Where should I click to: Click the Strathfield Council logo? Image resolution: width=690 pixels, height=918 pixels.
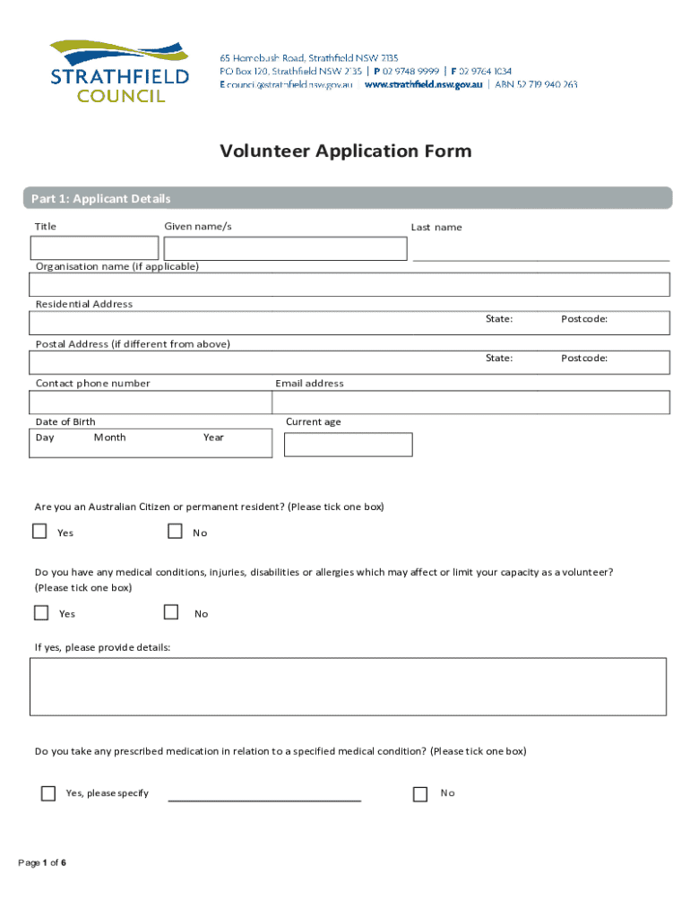coord(119,71)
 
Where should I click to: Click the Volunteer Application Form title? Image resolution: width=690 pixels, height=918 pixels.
coord(345,151)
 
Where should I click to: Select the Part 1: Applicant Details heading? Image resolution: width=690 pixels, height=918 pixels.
coord(100,198)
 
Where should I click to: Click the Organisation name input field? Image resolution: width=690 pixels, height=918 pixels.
coord(349,284)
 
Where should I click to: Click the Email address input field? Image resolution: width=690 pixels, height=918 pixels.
coord(470,403)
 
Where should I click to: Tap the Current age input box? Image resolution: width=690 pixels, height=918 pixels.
coord(348,445)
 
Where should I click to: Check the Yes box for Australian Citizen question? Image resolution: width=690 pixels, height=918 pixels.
coord(39,532)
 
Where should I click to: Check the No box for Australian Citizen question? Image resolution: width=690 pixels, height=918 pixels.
coord(175,532)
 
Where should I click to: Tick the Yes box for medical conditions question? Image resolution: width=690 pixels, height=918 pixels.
coord(41,613)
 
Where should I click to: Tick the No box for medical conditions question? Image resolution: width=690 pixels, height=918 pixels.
coord(171,612)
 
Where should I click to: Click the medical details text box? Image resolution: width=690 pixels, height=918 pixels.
coord(348,687)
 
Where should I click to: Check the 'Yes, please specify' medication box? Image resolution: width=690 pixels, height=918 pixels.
coord(47,793)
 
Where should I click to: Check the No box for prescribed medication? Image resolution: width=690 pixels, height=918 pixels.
coord(420,793)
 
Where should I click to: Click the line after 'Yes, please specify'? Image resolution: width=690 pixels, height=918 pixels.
coord(264,796)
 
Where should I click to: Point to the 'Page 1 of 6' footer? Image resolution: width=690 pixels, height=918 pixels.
coord(43,862)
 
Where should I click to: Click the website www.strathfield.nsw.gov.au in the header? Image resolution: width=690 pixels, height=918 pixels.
coord(423,84)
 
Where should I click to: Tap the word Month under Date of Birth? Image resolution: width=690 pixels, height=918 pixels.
coord(109,437)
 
